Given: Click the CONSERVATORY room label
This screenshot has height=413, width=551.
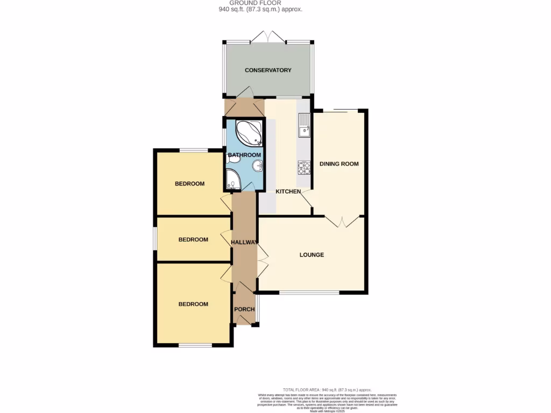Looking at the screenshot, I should (268, 70).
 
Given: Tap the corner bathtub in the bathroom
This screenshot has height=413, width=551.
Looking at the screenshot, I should (249, 133).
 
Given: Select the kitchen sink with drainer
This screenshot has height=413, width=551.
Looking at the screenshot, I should (303, 126).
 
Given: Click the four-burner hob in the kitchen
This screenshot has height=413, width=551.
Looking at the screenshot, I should (304, 168).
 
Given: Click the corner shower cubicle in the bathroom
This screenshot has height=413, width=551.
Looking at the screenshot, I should (234, 180).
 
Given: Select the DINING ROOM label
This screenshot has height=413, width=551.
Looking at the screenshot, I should (339, 164).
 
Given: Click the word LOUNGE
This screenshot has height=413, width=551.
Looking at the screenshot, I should (312, 255).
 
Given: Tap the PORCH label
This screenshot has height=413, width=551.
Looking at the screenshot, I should (244, 309).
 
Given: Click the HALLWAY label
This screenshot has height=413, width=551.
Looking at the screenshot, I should (244, 243).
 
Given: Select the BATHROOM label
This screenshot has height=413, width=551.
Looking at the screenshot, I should (241, 155).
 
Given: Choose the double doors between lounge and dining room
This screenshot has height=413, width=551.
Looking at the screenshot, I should (344, 221).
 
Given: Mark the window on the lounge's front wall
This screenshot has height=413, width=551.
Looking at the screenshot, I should (309, 293).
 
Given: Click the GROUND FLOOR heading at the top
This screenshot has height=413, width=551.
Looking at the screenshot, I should (255, 3).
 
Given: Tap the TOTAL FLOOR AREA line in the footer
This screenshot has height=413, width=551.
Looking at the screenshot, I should (327, 389).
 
